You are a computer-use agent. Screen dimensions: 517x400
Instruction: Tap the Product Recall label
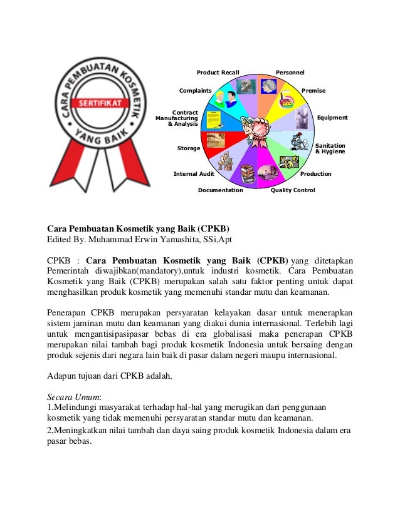pyautogui.click(x=218, y=73)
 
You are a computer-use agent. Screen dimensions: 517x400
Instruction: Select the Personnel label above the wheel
pyautogui.click(x=290, y=73)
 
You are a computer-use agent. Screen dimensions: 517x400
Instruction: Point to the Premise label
pyautogui.click(x=313, y=91)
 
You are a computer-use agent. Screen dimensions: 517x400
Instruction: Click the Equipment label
pyautogui.click(x=332, y=117)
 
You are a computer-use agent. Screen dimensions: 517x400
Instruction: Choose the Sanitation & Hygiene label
pyautogui.click(x=330, y=148)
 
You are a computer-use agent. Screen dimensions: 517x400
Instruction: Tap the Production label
pyautogui.click(x=315, y=173)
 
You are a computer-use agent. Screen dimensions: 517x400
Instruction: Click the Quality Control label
pyautogui.click(x=292, y=190)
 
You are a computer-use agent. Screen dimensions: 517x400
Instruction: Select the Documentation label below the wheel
pyautogui.click(x=220, y=190)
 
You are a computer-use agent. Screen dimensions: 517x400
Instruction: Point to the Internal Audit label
pyautogui.click(x=194, y=173)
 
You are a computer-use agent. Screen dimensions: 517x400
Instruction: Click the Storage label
pyautogui.click(x=189, y=148)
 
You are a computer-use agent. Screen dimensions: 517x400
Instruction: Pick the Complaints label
pyautogui.click(x=195, y=91)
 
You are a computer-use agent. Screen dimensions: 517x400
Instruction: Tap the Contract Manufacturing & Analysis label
pyautogui.click(x=177, y=118)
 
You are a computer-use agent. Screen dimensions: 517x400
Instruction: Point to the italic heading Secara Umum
pyautogui.click(x=69, y=397)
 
